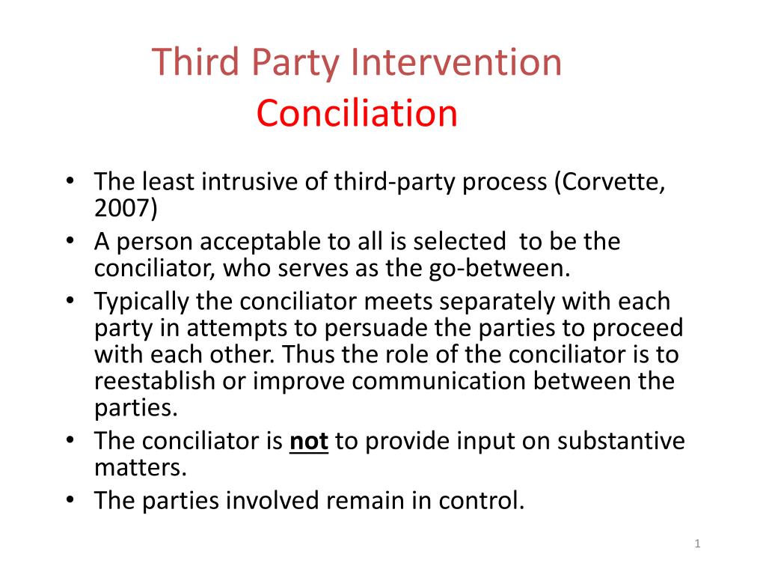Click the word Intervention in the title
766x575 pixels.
(x=457, y=63)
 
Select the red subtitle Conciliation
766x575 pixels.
(x=356, y=113)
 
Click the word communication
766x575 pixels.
(x=440, y=380)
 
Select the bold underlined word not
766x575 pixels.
(x=309, y=441)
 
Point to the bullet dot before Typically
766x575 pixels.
(x=69, y=302)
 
